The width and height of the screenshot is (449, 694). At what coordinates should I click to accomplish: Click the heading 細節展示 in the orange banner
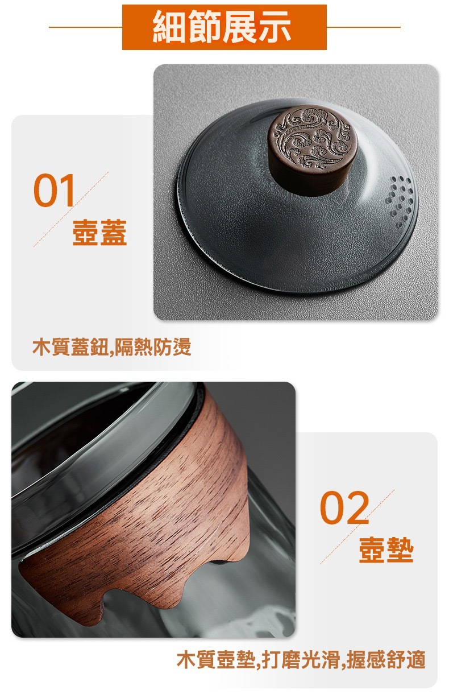(222, 27)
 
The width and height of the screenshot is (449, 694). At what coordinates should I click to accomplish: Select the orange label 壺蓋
(99, 233)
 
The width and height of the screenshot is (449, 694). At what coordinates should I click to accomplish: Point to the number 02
(344, 507)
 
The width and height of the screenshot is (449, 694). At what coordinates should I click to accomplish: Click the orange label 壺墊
(386, 550)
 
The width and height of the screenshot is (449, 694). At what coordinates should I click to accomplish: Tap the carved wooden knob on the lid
(313, 150)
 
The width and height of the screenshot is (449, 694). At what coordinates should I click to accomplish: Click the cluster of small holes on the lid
(399, 201)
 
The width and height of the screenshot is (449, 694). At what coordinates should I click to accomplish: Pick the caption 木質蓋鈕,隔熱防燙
(112, 347)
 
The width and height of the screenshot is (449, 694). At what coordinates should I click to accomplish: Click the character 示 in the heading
(275, 27)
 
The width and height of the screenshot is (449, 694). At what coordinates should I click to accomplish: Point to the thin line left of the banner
(85, 27)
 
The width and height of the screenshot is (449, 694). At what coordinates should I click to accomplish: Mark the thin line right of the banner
(364, 27)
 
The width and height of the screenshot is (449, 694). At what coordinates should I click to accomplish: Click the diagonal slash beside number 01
(71, 209)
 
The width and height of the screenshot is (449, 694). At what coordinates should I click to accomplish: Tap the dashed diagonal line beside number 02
(357, 527)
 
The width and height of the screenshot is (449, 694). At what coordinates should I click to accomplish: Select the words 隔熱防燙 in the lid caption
(153, 347)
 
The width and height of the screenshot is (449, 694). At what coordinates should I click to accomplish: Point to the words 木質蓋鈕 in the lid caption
(70, 347)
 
